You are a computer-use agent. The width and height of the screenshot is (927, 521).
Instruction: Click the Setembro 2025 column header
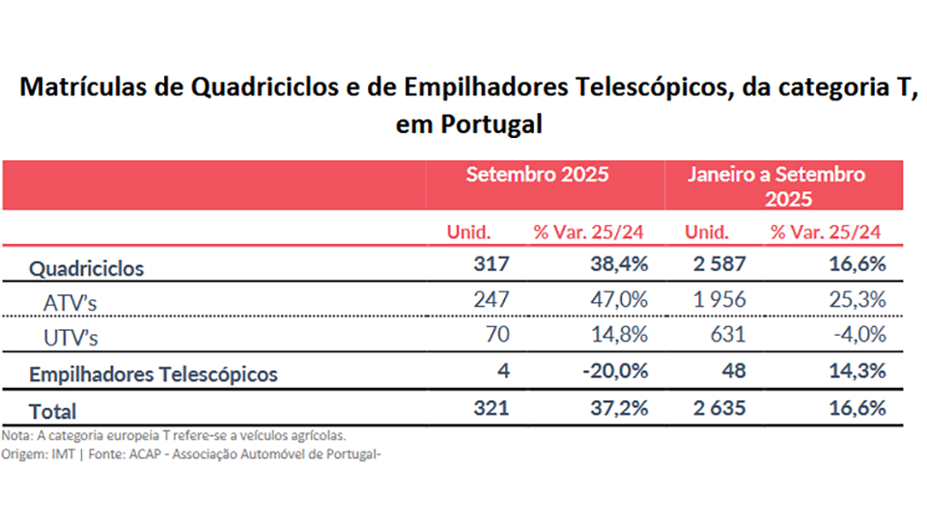coord(537,175)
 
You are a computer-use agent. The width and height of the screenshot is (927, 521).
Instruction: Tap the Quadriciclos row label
coord(86,268)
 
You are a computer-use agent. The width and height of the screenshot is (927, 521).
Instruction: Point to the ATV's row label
coord(70,303)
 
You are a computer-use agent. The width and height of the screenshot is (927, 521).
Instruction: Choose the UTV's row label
coord(70,338)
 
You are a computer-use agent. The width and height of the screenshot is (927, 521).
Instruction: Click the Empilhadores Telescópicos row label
coord(154,373)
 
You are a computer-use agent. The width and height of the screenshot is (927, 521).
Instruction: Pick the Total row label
coord(52,410)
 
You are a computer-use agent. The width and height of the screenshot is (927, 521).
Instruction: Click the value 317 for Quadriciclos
coord(491,263)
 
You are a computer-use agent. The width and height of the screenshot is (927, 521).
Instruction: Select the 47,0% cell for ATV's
coord(618,299)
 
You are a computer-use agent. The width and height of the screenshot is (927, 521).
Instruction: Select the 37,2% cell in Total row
coord(618,407)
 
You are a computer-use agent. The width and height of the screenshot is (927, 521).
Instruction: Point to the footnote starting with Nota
coord(174,435)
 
